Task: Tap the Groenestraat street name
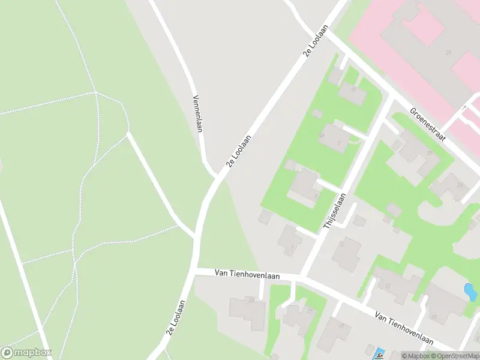(428, 124)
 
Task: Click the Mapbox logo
(26, 353)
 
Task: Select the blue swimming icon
(379, 353)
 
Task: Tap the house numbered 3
(306, 188)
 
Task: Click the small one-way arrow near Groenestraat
(463, 109)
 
